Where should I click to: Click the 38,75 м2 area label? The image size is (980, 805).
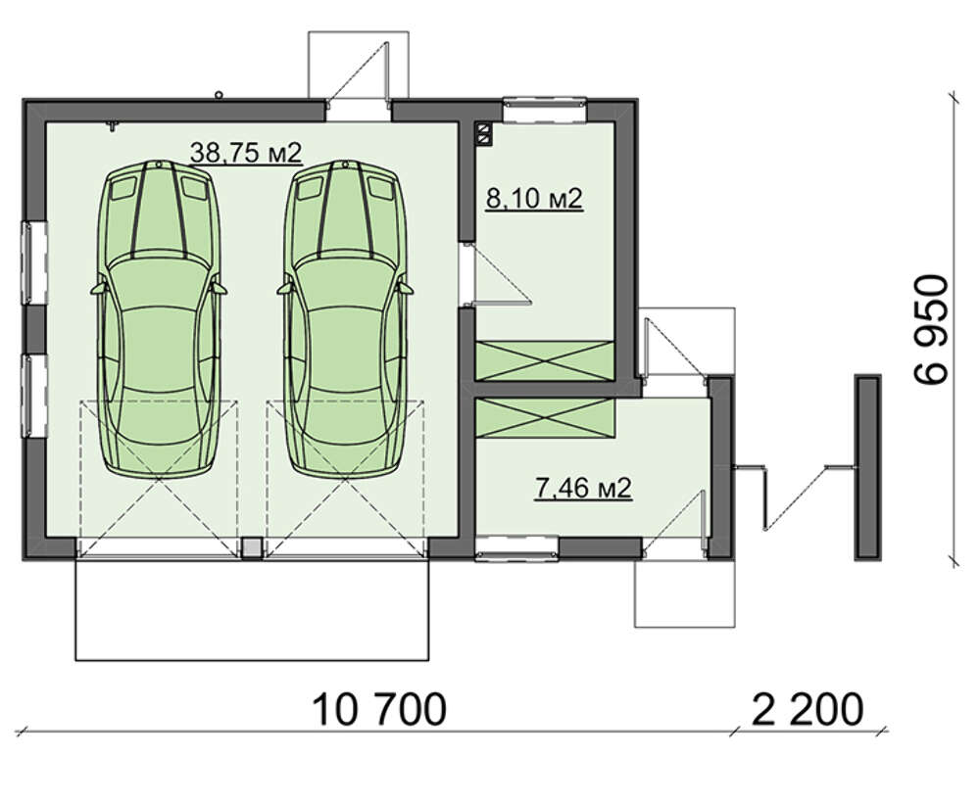pos(246,153)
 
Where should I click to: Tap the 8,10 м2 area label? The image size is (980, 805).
pos(534,199)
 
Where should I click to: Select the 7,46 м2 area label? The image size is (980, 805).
pos(583,488)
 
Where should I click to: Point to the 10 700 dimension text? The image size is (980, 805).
pos(380,709)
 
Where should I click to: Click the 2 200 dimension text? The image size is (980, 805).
pos(807,709)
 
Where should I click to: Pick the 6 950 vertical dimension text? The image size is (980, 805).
pos(931,329)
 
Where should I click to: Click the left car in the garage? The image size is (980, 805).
pos(159,317)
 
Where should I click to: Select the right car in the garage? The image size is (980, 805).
pos(345,317)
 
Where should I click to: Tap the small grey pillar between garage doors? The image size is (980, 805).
pos(252,548)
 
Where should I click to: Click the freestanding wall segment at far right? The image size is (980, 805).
pos(868,467)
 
